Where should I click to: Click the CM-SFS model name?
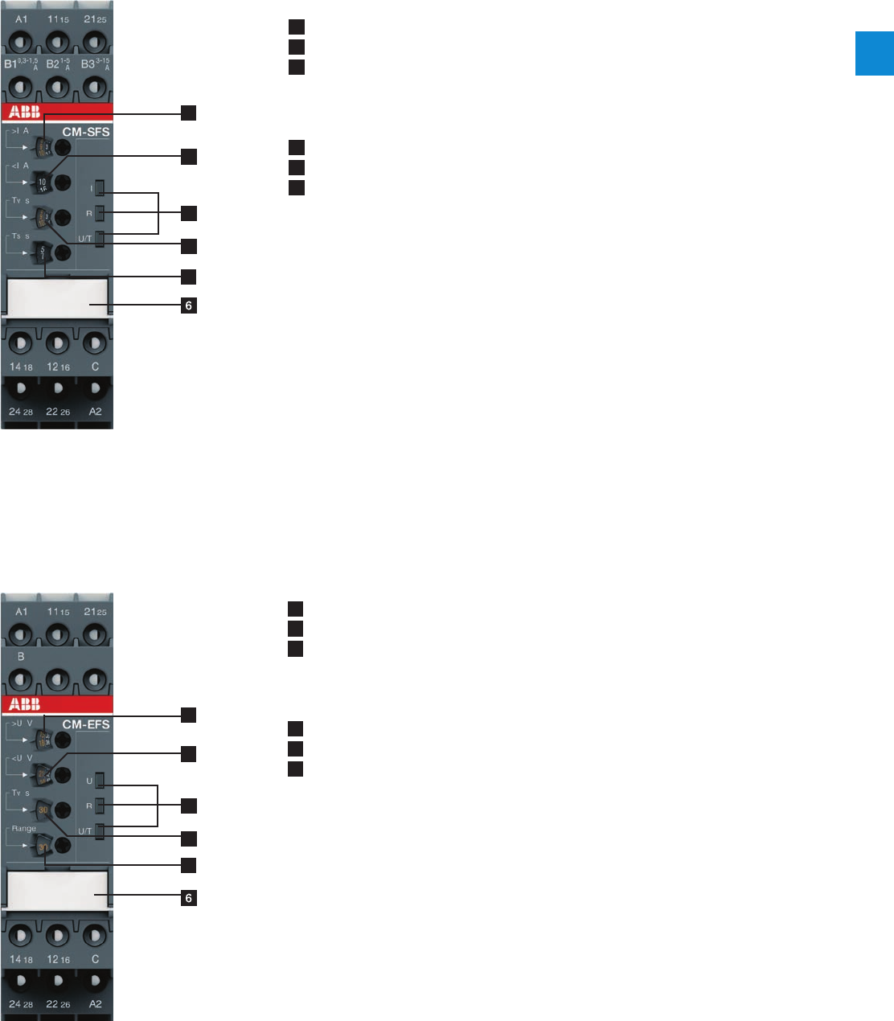86,132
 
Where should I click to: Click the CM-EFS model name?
86,724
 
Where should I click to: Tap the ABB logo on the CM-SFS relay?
25,113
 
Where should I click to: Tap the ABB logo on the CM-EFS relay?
25,705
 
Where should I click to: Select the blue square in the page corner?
874,54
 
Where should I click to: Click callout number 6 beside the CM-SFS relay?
189,305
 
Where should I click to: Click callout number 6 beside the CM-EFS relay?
189,898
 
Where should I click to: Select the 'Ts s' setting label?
19,236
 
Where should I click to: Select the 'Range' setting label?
23,828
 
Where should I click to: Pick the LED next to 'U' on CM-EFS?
100,781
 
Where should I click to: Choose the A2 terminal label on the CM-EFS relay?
95,1004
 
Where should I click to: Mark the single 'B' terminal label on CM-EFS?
21,656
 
